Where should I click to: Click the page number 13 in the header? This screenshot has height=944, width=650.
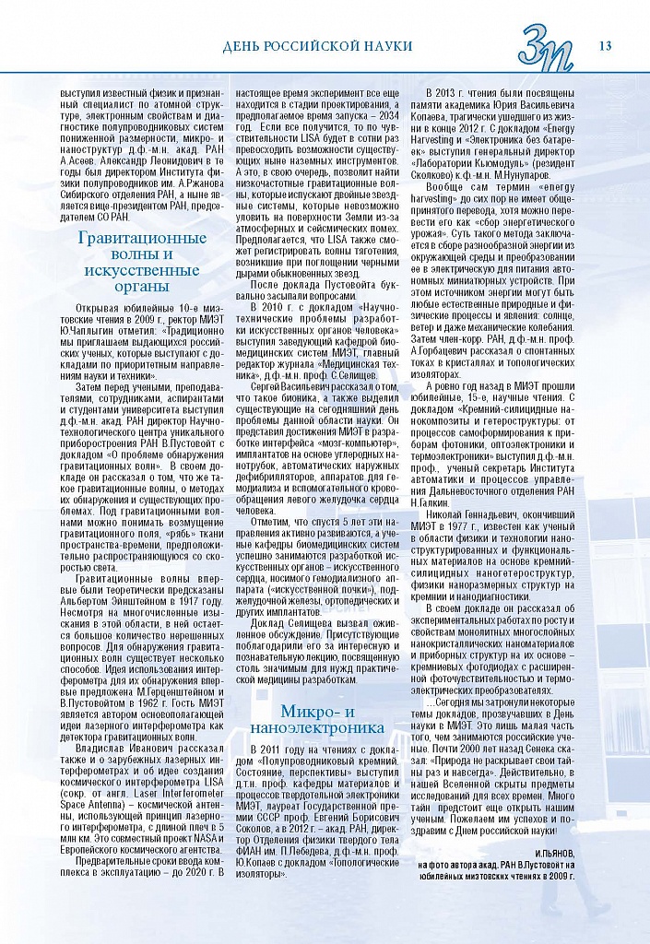pyautogui.click(x=606, y=46)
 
